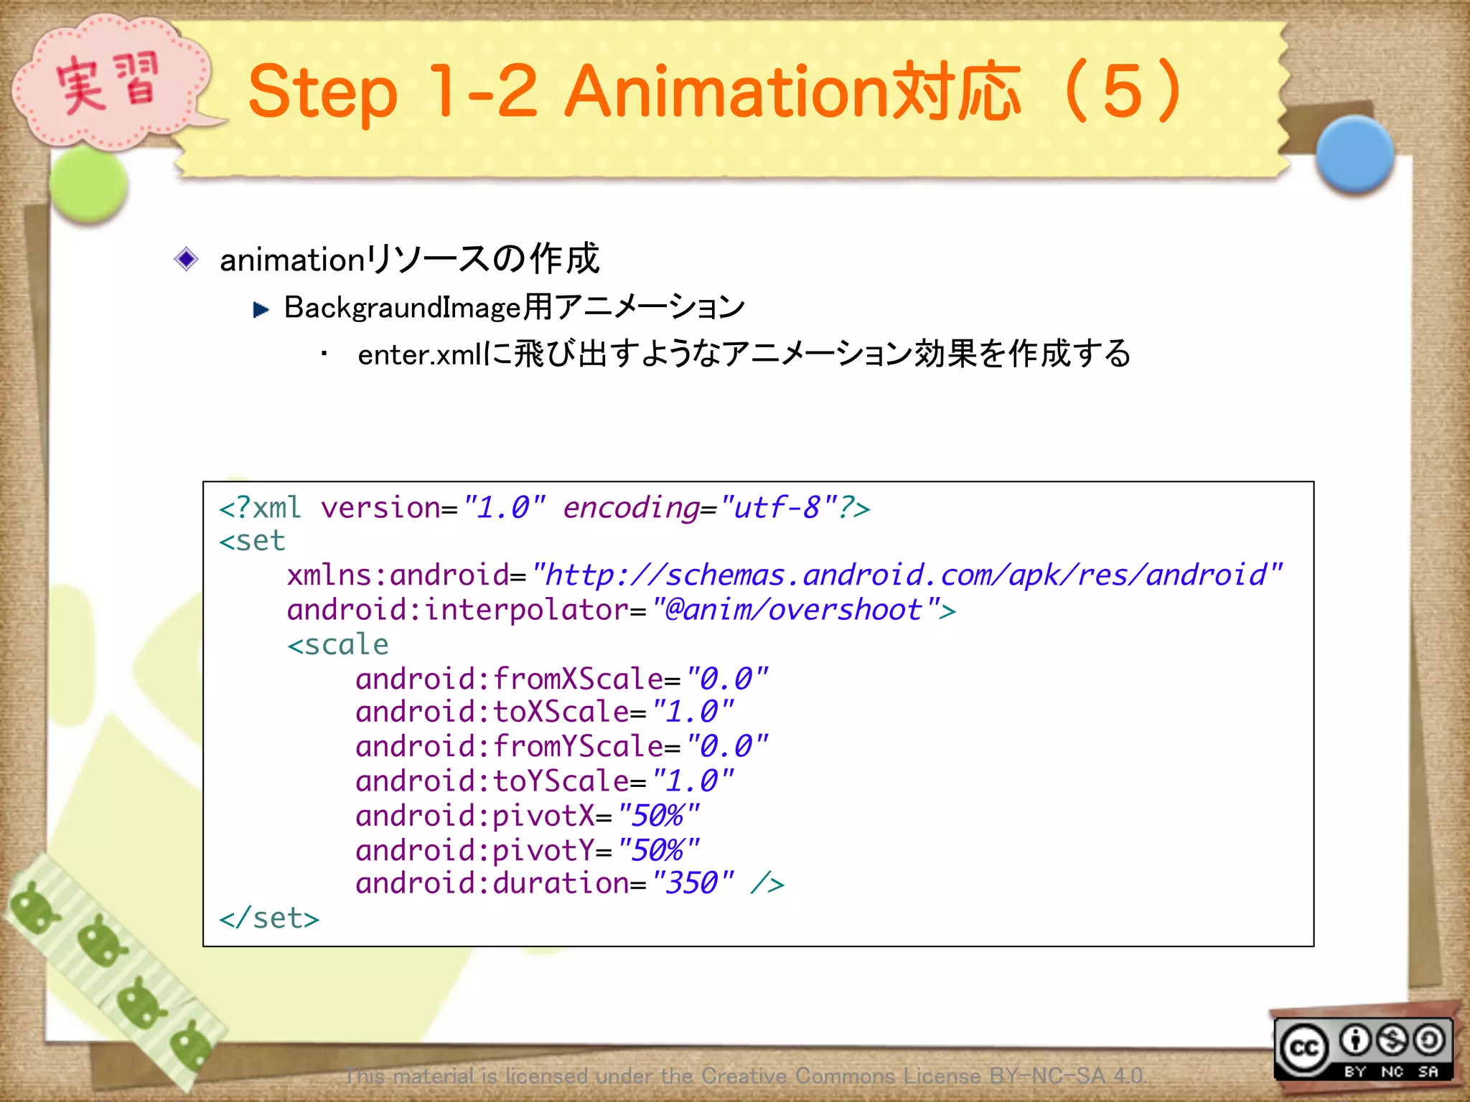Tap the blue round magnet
[1354, 154]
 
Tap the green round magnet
[89, 184]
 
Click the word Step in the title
[322, 93]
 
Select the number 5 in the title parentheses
[1123, 91]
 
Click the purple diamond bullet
[187, 259]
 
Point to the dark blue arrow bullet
[261, 310]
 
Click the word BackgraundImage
[402, 308]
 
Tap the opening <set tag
[252, 541]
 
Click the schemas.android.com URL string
[907, 575]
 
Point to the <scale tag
[338, 644]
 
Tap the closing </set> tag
[269, 918]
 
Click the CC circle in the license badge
[1304, 1048]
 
